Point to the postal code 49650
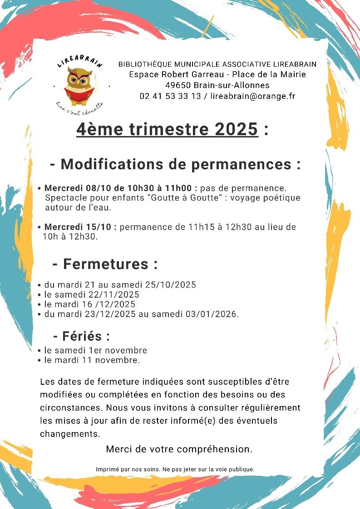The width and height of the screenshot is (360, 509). (179, 85)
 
